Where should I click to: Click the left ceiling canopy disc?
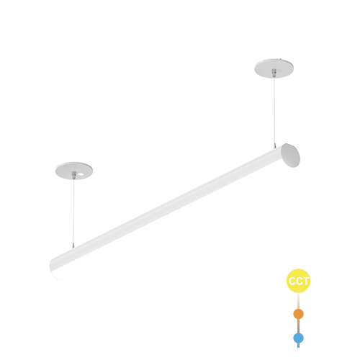tap(74, 171)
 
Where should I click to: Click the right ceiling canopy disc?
tap(274, 68)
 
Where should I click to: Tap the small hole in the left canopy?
tap(81, 174)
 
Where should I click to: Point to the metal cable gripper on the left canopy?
tap(74, 175)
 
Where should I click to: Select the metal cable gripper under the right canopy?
tap(274, 73)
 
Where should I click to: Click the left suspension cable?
tap(73, 211)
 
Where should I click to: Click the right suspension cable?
tap(274, 110)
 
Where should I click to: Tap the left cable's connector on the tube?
tap(73, 246)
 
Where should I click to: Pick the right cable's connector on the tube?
tap(275, 145)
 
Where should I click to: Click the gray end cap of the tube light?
tap(291, 156)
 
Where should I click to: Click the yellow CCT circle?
tap(298, 281)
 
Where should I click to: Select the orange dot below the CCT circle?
tap(298, 314)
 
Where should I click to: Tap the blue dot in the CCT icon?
tap(298, 338)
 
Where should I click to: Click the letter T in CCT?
tap(305, 281)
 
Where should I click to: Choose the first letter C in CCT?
tap(292, 281)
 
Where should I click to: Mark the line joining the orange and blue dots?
tap(298, 326)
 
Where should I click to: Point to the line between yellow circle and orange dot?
tap(298, 301)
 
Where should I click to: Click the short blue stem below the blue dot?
tap(298, 346)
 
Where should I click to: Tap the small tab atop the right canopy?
tap(281, 58)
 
